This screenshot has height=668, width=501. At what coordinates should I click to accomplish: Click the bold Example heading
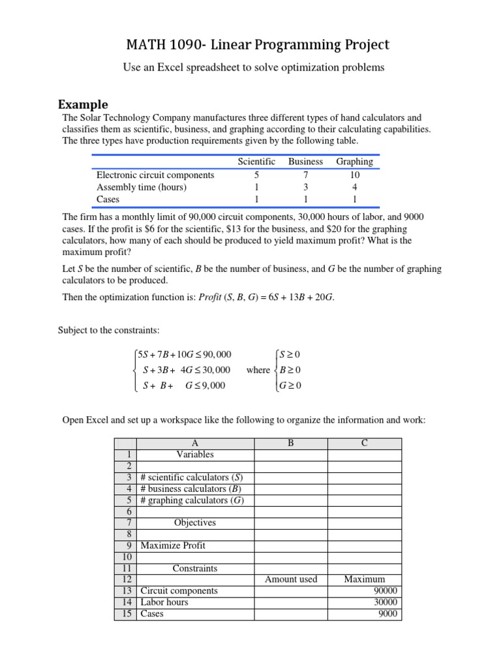coord(83,104)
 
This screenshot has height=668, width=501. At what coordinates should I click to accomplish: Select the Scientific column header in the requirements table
coord(256,161)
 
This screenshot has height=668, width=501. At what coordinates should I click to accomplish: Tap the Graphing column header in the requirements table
coord(354,161)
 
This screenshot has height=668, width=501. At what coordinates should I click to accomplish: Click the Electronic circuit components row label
coord(155,175)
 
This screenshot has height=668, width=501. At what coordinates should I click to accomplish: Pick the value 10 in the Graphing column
coord(354,175)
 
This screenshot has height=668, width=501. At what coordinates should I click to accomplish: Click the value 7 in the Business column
coord(305,175)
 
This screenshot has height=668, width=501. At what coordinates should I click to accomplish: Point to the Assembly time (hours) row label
coord(142,187)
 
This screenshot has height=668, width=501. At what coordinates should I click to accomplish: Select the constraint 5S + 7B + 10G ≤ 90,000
coord(184,354)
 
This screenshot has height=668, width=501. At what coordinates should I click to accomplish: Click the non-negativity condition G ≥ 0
coord(289,386)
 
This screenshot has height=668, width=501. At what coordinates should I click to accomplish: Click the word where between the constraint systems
coord(258,370)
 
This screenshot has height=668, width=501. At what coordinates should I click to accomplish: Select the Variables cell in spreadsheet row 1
coord(195,454)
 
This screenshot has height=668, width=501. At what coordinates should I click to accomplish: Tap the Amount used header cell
coord(291,579)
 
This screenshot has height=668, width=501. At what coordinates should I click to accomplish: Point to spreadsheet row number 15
coord(125,614)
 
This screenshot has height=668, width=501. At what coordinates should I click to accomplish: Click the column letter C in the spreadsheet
coord(365,443)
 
